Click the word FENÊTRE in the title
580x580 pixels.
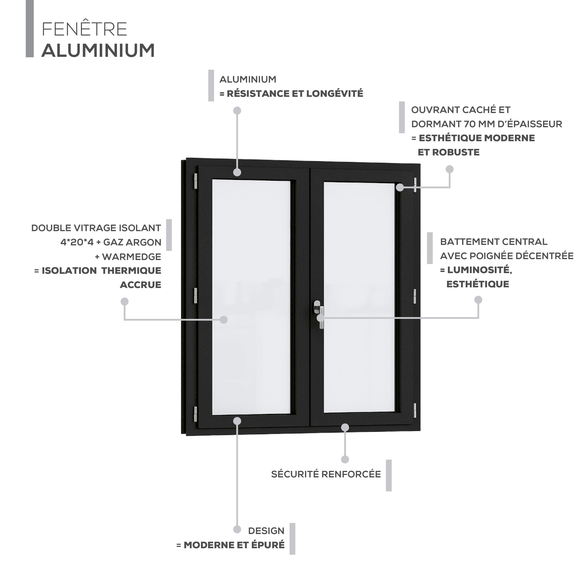(x=84, y=29)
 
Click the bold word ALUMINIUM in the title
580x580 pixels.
(x=98, y=50)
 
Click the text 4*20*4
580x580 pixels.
(x=77, y=242)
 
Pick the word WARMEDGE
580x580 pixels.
(x=131, y=257)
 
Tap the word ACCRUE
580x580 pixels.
(x=141, y=285)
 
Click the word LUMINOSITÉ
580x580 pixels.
(x=479, y=270)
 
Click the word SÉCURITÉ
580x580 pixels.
(x=295, y=474)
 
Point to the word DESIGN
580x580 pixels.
(x=266, y=531)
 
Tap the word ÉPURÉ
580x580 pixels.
(x=268, y=545)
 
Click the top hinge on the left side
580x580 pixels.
(x=195, y=181)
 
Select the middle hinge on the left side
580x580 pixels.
(x=195, y=295)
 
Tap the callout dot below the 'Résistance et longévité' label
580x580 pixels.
(x=237, y=111)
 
